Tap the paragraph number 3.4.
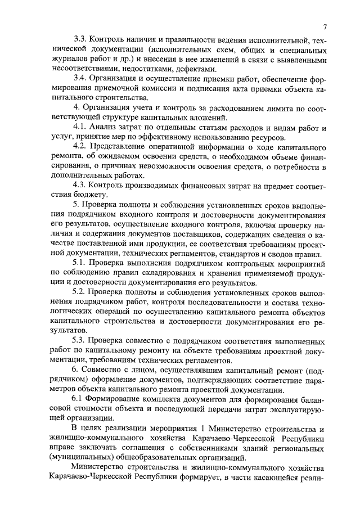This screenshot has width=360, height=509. coord(82,79)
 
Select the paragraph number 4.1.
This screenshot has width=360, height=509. coord(82,128)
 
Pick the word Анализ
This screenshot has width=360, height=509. coord(106,128)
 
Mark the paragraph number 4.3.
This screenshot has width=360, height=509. coord(82,186)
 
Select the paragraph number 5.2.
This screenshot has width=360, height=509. coord(82,293)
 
